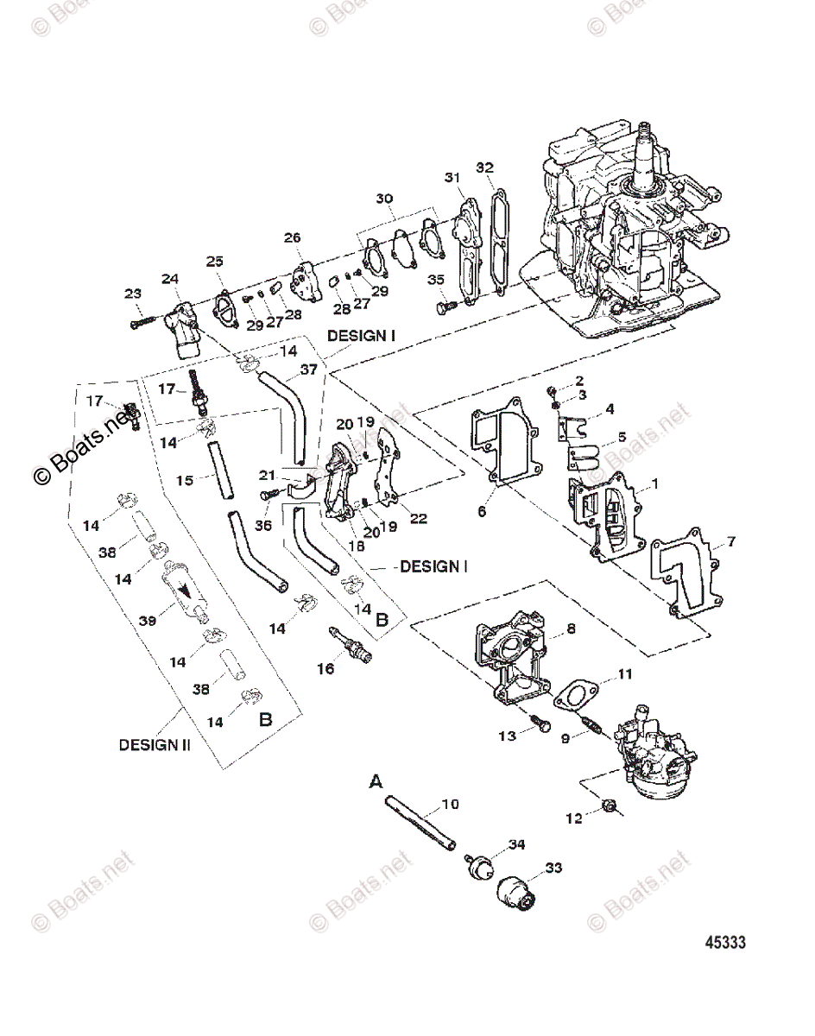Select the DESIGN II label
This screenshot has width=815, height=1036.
click(155, 743)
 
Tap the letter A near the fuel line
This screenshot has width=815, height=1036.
click(376, 781)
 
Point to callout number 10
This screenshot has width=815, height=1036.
click(450, 805)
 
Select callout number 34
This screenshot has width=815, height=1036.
click(516, 843)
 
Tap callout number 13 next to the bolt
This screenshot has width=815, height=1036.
click(509, 735)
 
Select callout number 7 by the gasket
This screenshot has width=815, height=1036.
click(730, 542)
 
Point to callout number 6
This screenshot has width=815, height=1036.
click(482, 512)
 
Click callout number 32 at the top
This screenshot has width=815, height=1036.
click(485, 167)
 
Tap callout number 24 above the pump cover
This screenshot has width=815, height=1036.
click(170, 278)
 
